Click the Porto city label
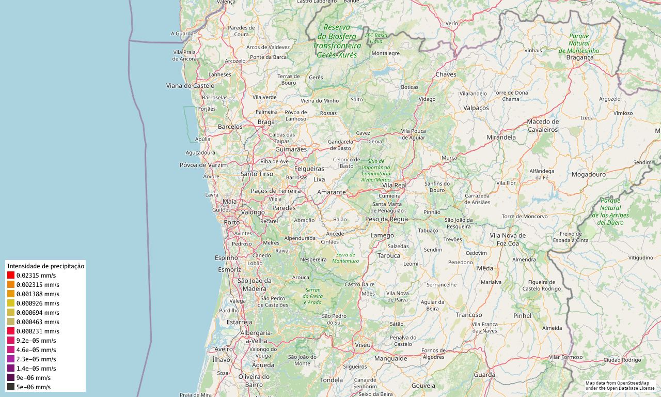click(231, 222)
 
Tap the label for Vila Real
click(394, 185)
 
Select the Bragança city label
click(580, 57)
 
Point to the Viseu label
click(363, 344)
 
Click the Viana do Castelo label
click(190, 85)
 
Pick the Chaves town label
click(446, 74)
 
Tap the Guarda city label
click(484, 375)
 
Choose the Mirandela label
click(501, 138)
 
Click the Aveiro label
click(224, 349)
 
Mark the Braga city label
click(266, 122)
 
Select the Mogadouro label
click(588, 174)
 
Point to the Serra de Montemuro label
click(345, 257)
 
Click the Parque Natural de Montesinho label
click(579, 43)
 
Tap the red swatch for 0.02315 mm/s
click(11, 276)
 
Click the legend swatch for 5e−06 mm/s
click(11, 387)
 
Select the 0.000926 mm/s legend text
click(38, 303)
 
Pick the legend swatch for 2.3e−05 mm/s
click(11, 359)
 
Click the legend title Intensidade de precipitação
click(45, 266)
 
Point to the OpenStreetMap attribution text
click(620, 385)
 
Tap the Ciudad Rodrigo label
click(622, 360)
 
